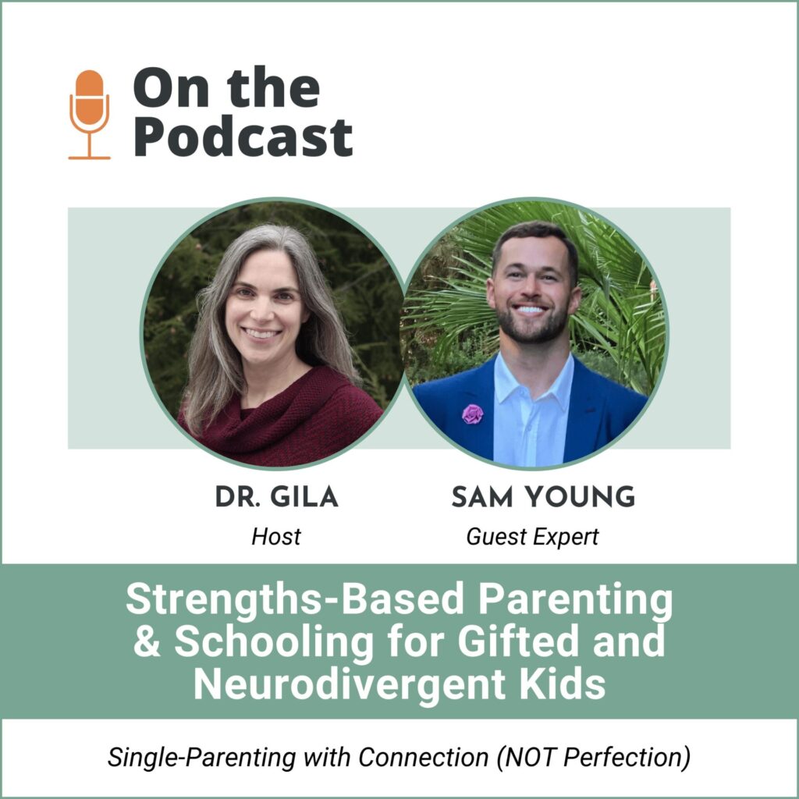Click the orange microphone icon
pyautogui.click(x=89, y=115)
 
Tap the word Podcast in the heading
pyautogui.click(x=243, y=137)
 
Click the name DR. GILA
pyautogui.click(x=277, y=497)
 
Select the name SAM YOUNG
pyautogui.click(x=543, y=497)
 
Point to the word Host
pyautogui.click(x=276, y=537)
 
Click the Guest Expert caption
pyautogui.click(x=532, y=537)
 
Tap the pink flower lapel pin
pyautogui.click(x=472, y=414)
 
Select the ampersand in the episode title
pyautogui.click(x=147, y=641)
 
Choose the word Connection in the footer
pyautogui.click(x=424, y=757)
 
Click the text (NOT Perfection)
pyautogui.click(x=594, y=757)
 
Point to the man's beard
pyautogui.click(x=532, y=326)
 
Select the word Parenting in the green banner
pyautogui.click(x=575, y=600)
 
